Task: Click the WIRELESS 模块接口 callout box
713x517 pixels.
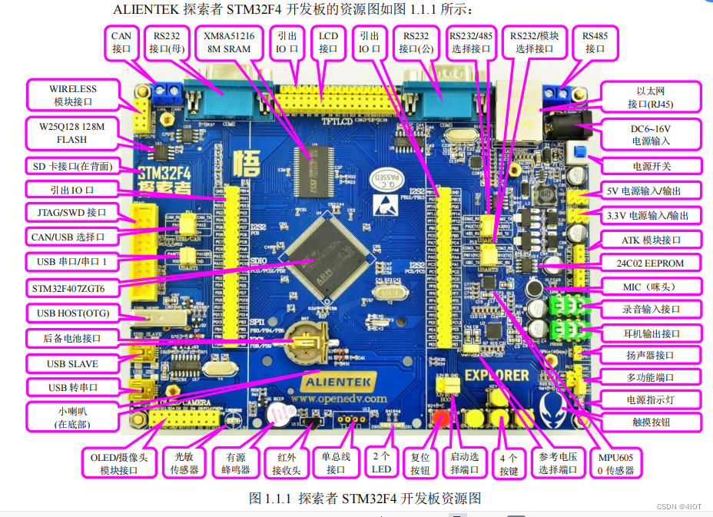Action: (x=73, y=95)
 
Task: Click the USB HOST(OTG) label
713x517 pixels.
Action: (x=72, y=313)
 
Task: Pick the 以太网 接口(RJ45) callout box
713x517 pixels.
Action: (x=652, y=97)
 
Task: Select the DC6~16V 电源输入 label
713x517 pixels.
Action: (x=651, y=134)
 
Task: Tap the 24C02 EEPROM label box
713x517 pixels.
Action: (x=652, y=263)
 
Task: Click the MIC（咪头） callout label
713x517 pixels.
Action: (x=652, y=287)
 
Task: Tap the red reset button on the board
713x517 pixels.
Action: (x=442, y=420)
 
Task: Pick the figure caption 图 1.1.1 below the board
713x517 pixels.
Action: (x=365, y=498)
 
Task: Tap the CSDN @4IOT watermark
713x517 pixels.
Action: (x=679, y=505)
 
